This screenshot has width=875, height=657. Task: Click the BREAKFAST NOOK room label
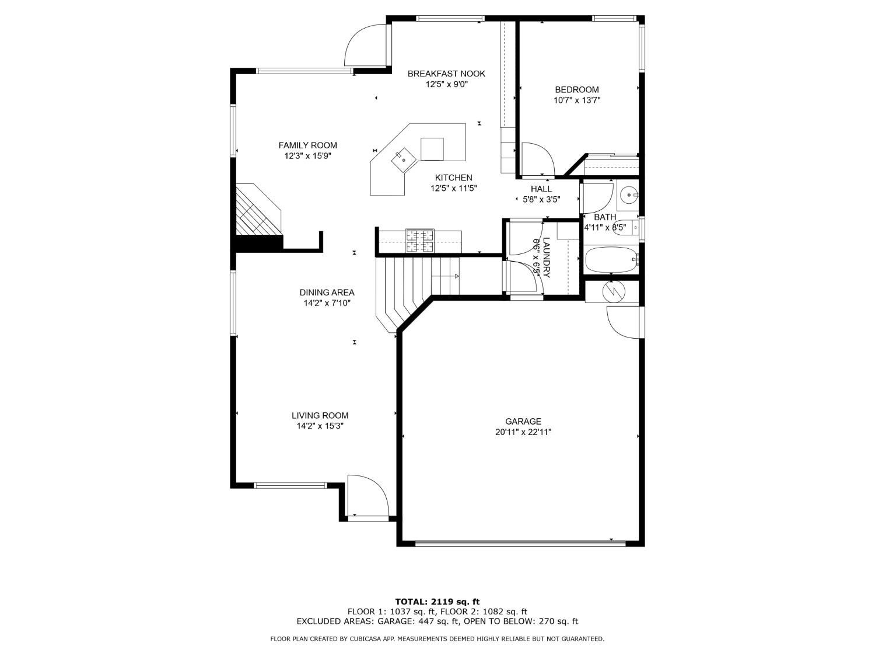446,74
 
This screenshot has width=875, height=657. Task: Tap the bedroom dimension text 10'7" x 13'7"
576,100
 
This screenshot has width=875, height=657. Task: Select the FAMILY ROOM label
307,145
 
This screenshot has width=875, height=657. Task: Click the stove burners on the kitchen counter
420,241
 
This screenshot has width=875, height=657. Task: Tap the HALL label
541,189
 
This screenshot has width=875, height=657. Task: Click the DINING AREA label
327,293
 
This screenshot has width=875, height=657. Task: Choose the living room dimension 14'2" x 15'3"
320,426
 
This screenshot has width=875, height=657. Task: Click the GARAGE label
523,421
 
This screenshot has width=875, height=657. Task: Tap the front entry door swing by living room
367,496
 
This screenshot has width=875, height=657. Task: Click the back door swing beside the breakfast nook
366,46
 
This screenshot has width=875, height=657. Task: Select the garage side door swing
623,322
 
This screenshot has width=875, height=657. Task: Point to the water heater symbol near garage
612,290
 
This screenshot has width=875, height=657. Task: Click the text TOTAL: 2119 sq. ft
437,602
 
